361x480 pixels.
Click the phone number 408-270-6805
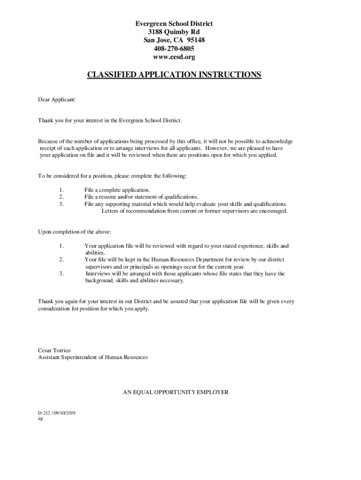pyautogui.click(x=174, y=49)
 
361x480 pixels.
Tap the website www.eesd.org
pyautogui.click(x=174, y=57)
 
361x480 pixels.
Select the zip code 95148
pyautogui.click(x=196, y=40)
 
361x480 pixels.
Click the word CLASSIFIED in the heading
pyautogui.click(x=114, y=75)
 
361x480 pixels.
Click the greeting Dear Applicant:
pyautogui.click(x=56, y=99)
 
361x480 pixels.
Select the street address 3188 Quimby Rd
pyautogui.click(x=174, y=32)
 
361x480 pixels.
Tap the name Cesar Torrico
pyautogui.click(x=54, y=350)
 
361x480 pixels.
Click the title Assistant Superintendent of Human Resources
pyautogui.click(x=93, y=357)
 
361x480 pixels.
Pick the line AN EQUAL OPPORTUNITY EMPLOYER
pyautogui.click(x=176, y=392)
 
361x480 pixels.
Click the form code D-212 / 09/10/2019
pyautogui.click(x=57, y=413)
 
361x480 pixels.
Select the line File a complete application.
pyautogui.click(x=117, y=190)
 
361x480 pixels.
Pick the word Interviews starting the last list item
pyautogui.click(x=99, y=274)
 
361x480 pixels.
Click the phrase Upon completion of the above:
pyautogui.click(x=75, y=232)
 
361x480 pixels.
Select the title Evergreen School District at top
pyautogui.click(x=174, y=23)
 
